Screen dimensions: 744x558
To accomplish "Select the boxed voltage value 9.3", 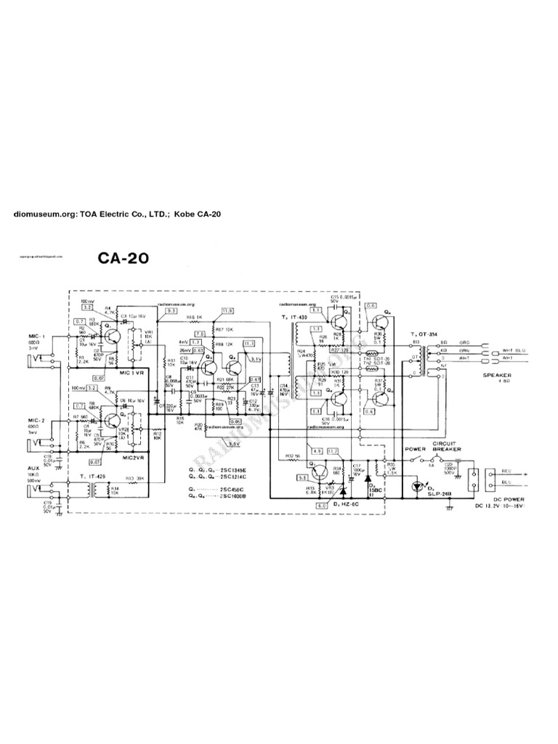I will [171, 310].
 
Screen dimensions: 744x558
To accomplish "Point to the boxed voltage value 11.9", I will [227, 310].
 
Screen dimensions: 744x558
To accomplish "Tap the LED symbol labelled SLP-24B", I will [418, 485].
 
